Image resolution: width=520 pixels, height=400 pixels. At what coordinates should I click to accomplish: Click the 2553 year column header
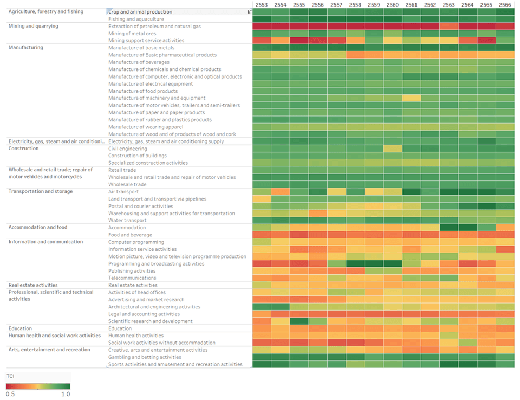click(x=262, y=5)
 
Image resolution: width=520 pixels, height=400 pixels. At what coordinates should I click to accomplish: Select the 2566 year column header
click(x=505, y=5)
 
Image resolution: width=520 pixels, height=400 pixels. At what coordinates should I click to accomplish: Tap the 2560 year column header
click(x=393, y=5)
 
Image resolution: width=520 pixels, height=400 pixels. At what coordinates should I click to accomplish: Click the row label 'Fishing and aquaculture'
click(x=136, y=19)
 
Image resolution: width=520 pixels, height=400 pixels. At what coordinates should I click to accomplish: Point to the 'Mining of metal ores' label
click(x=132, y=33)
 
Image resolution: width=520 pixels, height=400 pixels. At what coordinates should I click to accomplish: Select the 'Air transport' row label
click(x=123, y=191)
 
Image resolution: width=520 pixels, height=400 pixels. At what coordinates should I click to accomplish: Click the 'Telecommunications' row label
click(x=132, y=278)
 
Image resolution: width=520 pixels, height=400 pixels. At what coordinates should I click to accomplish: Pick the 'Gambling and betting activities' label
click(x=145, y=357)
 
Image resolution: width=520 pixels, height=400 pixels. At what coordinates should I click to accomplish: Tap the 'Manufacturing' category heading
click(x=26, y=48)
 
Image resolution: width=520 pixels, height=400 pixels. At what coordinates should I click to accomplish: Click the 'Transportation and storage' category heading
click(x=41, y=191)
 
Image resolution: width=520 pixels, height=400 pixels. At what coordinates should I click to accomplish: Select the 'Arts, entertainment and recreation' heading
click(x=49, y=350)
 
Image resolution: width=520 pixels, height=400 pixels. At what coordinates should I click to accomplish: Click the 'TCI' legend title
click(x=10, y=376)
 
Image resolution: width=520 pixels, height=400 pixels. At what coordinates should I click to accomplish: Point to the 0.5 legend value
click(x=10, y=394)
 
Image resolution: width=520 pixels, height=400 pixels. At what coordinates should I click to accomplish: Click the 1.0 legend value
click(x=66, y=394)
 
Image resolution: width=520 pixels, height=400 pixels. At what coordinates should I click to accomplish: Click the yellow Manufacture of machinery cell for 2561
click(x=412, y=98)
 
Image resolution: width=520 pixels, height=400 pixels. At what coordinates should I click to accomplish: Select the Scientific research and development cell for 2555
click(x=299, y=321)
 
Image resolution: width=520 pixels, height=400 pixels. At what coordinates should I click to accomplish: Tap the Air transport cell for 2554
click(x=281, y=191)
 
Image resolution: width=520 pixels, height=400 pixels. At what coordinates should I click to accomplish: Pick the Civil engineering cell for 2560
click(x=393, y=149)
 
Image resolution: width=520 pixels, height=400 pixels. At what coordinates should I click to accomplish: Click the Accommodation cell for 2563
click(x=449, y=228)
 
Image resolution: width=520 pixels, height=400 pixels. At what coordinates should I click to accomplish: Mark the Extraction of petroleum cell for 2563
click(x=449, y=26)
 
